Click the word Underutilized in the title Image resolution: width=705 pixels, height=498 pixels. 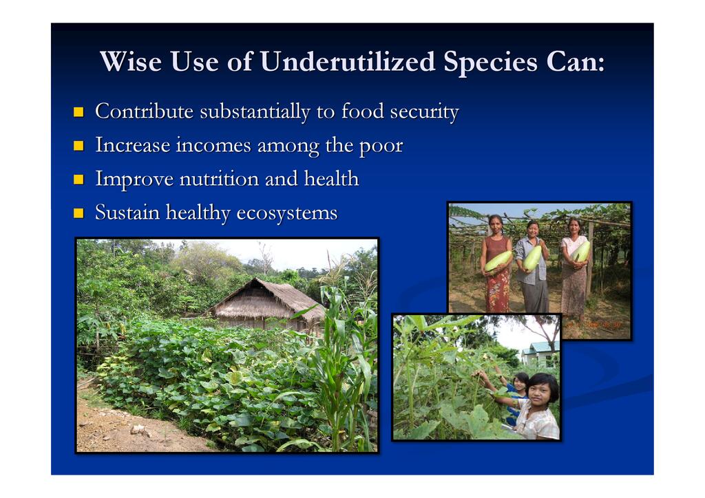[x=348, y=61]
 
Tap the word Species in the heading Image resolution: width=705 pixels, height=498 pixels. [x=490, y=63]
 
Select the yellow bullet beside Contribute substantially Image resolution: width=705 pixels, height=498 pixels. [x=78, y=111]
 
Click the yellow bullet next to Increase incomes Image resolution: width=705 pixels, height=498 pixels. [x=78, y=146]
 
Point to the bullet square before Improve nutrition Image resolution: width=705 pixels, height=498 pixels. [x=78, y=180]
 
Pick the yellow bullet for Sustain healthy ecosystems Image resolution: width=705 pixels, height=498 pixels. [x=78, y=213]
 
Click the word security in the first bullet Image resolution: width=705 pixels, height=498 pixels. [x=424, y=112]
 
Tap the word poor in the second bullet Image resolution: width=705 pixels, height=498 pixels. [x=381, y=147]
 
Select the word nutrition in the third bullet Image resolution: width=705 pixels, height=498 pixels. [x=219, y=179]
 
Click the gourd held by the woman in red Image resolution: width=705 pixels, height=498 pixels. [x=498, y=261]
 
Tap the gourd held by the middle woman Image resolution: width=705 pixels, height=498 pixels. [x=532, y=258]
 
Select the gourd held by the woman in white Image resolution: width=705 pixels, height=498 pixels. [x=580, y=252]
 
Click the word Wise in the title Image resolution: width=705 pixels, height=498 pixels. [x=131, y=61]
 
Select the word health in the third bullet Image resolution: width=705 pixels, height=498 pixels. [x=331, y=178]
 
